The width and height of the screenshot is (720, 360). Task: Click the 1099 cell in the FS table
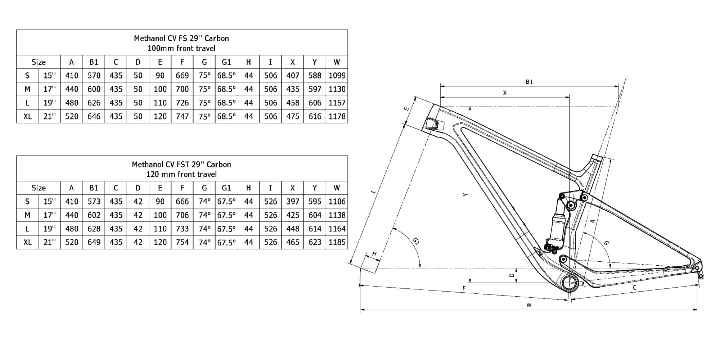point(337,76)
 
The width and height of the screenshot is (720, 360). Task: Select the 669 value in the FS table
point(182,76)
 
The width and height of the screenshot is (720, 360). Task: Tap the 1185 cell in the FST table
point(337,242)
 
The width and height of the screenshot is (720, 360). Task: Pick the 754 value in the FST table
point(182,242)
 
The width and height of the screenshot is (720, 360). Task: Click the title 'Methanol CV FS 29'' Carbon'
point(181,38)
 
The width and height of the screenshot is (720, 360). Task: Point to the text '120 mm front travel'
point(181,175)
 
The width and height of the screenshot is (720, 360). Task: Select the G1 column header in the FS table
point(226,62)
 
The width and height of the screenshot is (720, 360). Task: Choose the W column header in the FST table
point(337,188)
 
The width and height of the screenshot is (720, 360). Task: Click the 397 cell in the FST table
point(293,202)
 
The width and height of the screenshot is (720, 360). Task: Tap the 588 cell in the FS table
point(315,76)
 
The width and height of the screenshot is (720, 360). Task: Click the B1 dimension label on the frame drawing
point(529,82)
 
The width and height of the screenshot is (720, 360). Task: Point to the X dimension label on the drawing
point(505,93)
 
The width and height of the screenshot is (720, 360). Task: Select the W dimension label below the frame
point(529,305)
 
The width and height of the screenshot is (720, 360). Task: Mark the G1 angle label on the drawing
point(416,241)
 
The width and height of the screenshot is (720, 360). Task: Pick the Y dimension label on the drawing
point(465,195)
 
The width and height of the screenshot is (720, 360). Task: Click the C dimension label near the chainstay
point(634,288)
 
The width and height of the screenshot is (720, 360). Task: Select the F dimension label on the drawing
point(464,288)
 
